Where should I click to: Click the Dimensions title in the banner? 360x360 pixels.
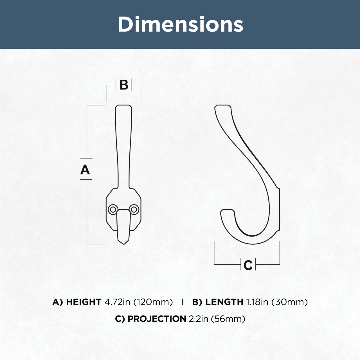click(181, 24)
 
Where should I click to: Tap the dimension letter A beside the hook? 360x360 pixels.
click(85, 170)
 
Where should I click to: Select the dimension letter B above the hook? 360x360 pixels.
click(124, 85)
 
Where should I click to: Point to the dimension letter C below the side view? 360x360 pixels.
click(248, 265)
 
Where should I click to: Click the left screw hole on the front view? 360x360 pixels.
click(113, 210)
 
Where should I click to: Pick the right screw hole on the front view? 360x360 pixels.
click(134, 210)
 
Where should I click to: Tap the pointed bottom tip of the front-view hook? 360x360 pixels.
click(123, 244)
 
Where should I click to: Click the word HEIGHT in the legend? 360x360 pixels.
click(84, 302)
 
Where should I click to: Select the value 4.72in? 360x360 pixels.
click(117, 302)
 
